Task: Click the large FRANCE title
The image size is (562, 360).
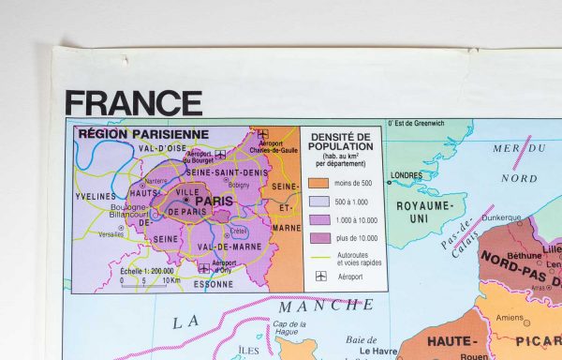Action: pyautogui.click(x=134, y=103)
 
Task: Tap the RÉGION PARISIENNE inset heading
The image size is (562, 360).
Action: pyautogui.click(x=143, y=134)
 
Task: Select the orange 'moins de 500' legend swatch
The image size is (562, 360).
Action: pyautogui.click(x=318, y=183)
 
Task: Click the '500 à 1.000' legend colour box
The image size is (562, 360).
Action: pyautogui.click(x=318, y=201)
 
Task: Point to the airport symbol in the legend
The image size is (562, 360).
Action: pyautogui.click(x=319, y=277)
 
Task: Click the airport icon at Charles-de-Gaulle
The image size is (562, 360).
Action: pyautogui.click(x=263, y=134)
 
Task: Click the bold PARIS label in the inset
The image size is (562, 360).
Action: pyautogui.click(x=214, y=200)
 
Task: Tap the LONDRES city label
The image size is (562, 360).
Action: pyautogui.click(x=407, y=175)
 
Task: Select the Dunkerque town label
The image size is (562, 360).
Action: pyautogui.click(x=500, y=217)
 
